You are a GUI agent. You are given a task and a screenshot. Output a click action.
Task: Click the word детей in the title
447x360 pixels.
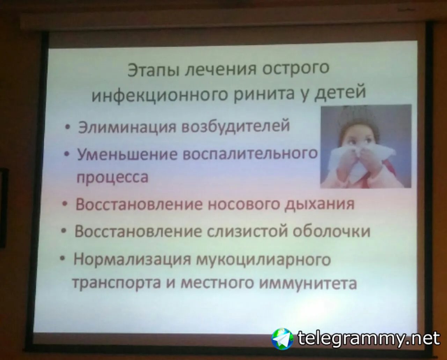340,93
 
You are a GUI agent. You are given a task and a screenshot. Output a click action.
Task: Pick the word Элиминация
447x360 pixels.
127,127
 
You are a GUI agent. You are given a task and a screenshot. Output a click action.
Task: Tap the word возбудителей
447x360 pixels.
235,125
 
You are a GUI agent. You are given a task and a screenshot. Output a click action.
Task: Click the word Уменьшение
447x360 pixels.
127,155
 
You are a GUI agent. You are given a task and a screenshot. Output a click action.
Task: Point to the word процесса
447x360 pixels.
112,178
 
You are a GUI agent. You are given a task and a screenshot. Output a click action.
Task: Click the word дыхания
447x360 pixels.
319,204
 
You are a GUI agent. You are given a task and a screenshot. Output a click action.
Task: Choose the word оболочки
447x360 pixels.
331,231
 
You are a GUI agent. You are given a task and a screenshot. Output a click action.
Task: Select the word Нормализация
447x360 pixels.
132,260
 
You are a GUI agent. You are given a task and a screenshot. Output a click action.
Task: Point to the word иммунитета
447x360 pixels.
308,283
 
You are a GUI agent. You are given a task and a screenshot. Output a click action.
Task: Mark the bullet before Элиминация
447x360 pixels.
67,127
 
